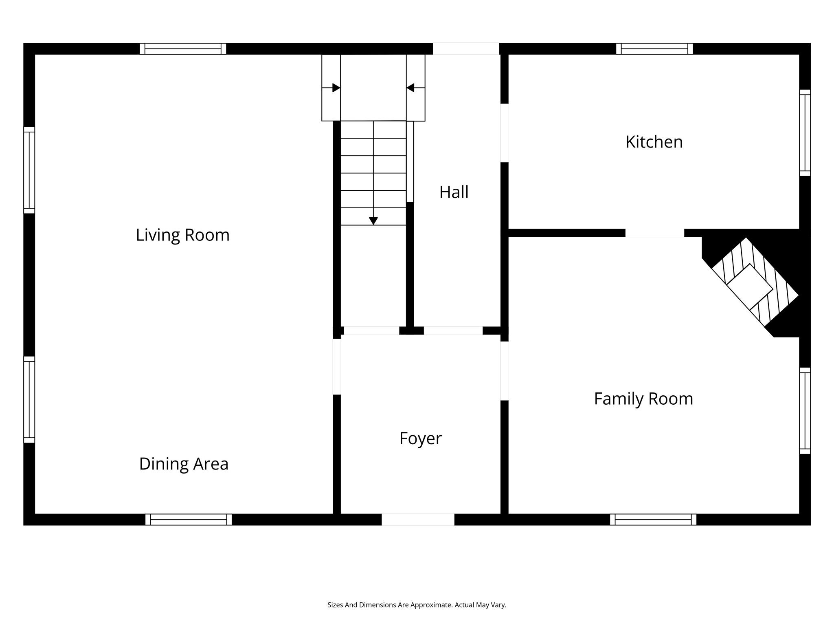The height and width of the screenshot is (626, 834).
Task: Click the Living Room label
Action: click(x=183, y=235)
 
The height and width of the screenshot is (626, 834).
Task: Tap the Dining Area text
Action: click(x=184, y=464)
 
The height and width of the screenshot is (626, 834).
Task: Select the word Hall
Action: click(x=454, y=192)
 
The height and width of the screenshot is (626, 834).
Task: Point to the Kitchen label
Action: click(x=654, y=142)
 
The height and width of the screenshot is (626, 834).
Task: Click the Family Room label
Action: click(x=643, y=399)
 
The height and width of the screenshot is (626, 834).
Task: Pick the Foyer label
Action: click(x=420, y=439)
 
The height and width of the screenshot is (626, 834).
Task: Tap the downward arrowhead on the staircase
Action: click(x=373, y=221)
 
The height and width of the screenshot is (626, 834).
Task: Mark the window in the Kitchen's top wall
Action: click(x=654, y=48)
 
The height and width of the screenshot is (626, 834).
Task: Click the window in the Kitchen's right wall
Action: click(x=805, y=132)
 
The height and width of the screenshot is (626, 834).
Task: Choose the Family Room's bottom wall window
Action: click(x=653, y=520)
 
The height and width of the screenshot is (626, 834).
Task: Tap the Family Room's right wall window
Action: click(x=805, y=411)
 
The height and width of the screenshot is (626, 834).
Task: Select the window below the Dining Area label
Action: click(x=189, y=520)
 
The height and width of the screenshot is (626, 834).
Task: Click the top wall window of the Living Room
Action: click(x=183, y=48)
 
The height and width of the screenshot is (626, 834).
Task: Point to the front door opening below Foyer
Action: click(x=418, y=520)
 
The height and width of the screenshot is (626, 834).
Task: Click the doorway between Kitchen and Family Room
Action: click(x=655, y=233)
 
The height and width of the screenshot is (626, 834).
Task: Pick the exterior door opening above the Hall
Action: click(x=466, y=48)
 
